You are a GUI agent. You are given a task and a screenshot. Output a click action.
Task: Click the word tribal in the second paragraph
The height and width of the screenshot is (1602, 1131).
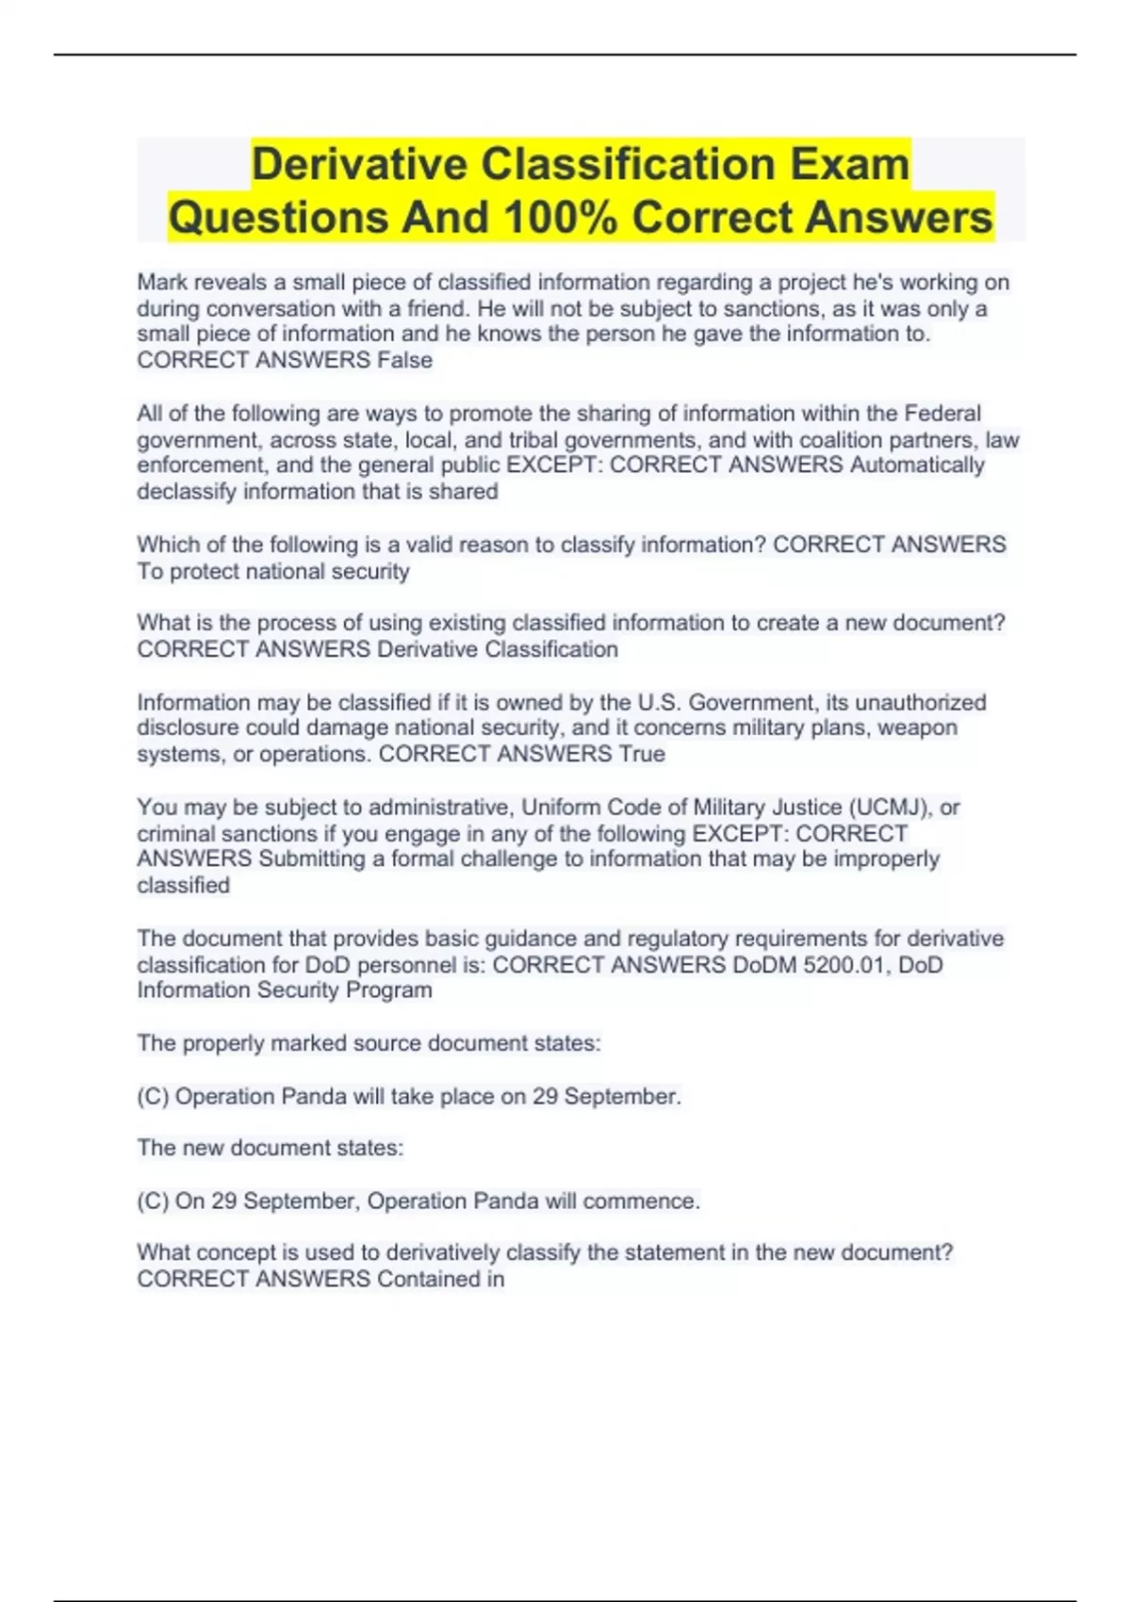[x=538, y=440]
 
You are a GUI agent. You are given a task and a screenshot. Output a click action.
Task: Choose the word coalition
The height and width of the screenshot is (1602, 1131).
[x=844, y=440]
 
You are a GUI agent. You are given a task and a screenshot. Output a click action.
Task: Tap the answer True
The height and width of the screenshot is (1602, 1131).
[x=641, y=754]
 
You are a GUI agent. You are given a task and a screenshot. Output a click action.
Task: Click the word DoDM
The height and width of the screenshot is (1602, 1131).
[x=764, y=965]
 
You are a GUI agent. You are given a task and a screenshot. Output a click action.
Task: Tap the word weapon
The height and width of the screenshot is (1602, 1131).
[x=918, y=727]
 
